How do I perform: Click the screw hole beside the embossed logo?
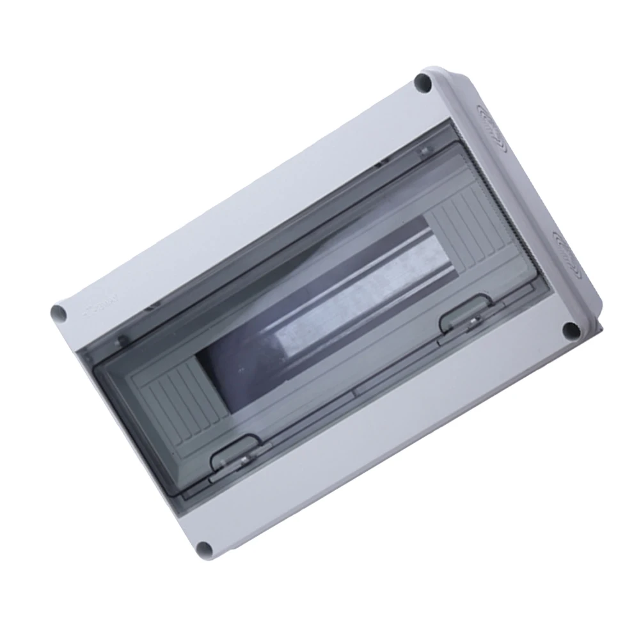(x=58, y=313)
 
